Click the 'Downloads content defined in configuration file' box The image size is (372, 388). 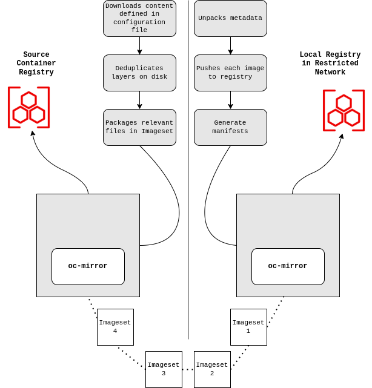[139, 18]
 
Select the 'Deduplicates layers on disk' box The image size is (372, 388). [139, 73]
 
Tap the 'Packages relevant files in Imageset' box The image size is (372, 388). [139, 127]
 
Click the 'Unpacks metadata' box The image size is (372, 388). [230, 18]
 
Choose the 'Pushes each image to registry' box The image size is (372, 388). [230, 73]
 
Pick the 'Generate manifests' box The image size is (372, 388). [230, 127]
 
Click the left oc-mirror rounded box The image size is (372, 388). [88, 266]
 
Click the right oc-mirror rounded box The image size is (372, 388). [288, 266]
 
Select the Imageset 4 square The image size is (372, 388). [115, 327]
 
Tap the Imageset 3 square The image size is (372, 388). [164, 369]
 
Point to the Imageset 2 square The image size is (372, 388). [212, 369]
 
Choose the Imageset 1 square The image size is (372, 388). [248, 327]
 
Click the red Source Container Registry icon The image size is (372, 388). [28, 108]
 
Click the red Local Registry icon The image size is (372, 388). [344, 110]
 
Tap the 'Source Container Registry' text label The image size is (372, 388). [36, 64]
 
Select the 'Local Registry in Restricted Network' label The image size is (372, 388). [330, 64]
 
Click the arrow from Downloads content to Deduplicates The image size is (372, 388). [139, 45]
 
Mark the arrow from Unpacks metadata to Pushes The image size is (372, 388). [230, 45]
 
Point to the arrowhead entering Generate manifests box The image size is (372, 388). [230, 107]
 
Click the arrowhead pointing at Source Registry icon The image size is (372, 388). [33, 134]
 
